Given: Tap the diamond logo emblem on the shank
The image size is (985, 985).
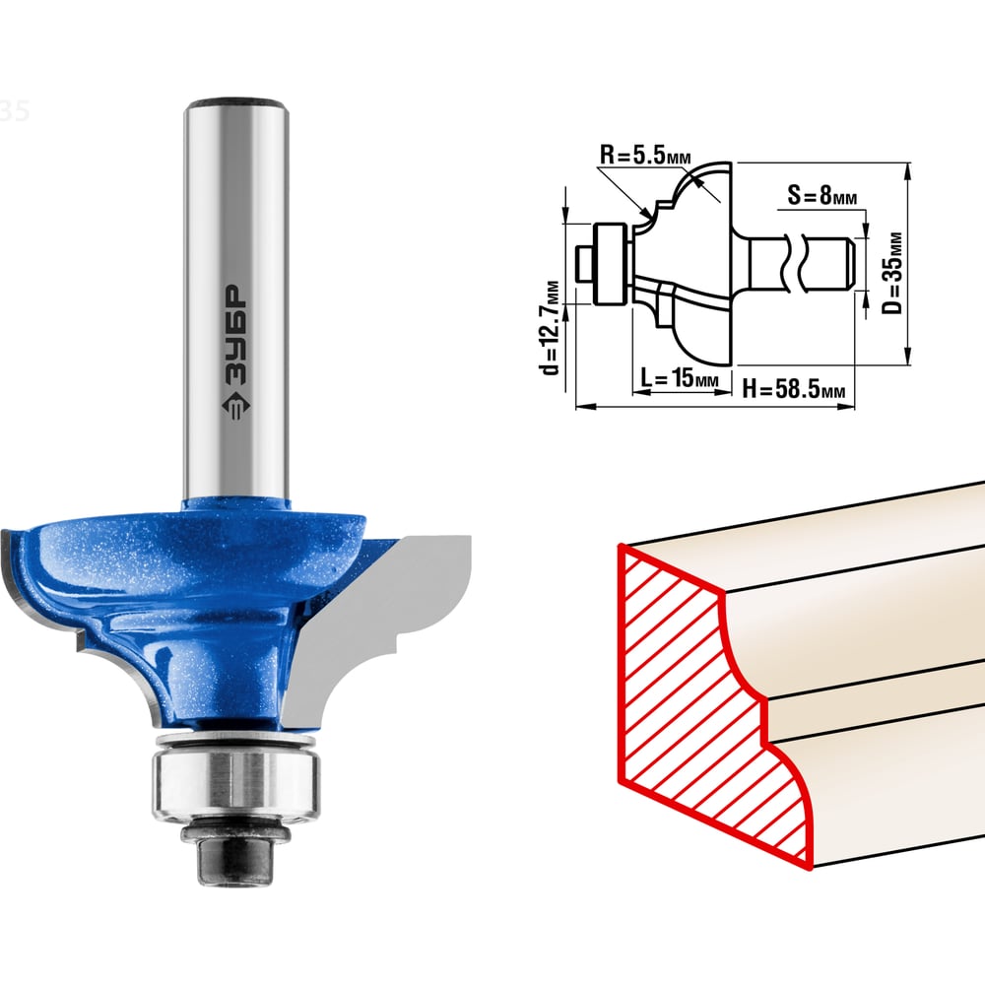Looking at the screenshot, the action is click(x=235, y=406).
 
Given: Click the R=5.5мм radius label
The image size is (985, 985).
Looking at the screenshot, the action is click(x=645, y=155).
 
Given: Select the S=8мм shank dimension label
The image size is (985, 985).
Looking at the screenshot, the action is click(x=822, y=196).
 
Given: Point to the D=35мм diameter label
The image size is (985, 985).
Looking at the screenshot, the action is click(x=892, y=273).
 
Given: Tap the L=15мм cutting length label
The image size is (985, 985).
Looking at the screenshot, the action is click(x=680, y=379).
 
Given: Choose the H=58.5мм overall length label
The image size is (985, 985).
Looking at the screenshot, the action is click(x=794, y=389).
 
